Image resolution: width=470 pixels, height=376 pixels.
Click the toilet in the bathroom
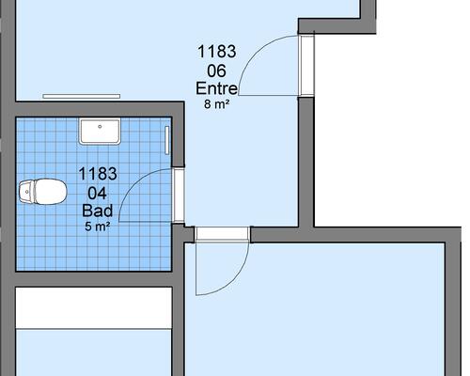click(43, 192)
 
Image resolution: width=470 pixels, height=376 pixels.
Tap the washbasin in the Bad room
click(100, 131)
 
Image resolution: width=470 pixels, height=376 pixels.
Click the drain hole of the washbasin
click(100, 127)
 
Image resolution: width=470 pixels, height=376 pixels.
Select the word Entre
click(216, 88)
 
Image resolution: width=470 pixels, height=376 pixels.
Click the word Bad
click(98, 211)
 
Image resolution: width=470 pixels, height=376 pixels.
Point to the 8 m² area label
click(216, 104)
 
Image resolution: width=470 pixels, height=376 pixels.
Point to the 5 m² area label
click(98, 227)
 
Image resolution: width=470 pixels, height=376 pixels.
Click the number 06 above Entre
click(216, 71)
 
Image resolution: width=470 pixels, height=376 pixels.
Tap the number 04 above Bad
click(98, 194)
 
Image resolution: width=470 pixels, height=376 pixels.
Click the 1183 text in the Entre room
click(216, 52)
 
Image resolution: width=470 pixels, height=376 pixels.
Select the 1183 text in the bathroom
click(98, 174)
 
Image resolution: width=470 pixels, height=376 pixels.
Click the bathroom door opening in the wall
click(179, 196)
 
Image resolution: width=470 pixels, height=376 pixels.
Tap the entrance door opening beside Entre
click(306, 66)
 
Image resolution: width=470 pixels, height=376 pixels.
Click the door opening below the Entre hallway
click(223, 234)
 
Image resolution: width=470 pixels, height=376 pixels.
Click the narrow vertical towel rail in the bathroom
click(167, 140)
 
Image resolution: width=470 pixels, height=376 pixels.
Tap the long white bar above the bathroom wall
click(82, 96)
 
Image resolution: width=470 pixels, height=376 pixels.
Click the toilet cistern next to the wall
click(26, 192)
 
